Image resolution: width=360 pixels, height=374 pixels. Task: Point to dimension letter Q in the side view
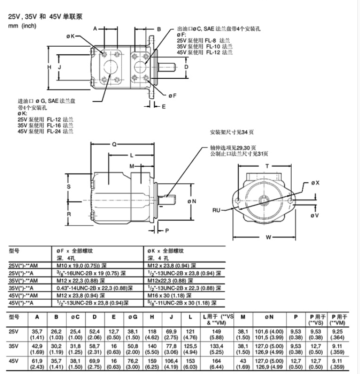click(x=114, y=144)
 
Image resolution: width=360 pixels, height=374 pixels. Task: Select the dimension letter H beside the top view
click(x=50, y=67)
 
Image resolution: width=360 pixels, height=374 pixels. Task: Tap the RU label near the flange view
click(x=216, y=209)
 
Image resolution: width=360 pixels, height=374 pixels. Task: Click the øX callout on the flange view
click(x=316, y=183)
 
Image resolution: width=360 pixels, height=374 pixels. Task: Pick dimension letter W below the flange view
click(x=268, y=237)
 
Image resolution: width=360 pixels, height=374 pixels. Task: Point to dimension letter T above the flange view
click(x=267, y=165)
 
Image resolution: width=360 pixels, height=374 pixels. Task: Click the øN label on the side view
click(x=192, y=201)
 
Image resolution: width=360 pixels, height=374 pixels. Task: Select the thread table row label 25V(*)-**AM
click(x=24, y=265)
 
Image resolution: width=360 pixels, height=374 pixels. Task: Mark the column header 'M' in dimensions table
click(x=243, y=317)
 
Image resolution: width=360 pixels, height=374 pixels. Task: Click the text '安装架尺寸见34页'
click(x=232, y=132)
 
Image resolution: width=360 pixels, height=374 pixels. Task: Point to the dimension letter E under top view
click(x=163, y=106)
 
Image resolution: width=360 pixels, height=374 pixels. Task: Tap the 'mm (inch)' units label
click(x=22, y=26)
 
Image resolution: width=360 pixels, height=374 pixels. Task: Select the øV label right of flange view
click(x=315, y=215)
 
